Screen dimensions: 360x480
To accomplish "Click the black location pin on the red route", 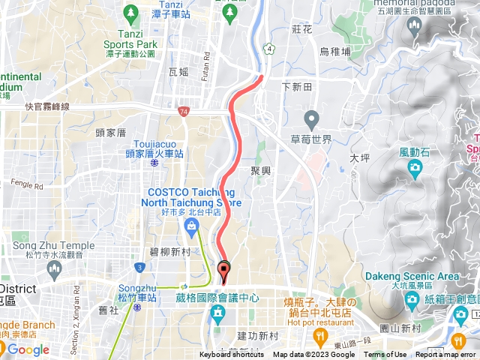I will (x=223, y=270).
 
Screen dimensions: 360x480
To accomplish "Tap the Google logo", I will (x=28, y=349).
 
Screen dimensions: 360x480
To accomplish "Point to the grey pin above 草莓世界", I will (x=311, y=118).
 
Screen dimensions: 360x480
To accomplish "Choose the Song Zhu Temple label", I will (x=53, y=245).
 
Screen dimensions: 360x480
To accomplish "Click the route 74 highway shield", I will (x=184, y=112).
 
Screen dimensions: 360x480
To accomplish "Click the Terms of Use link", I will (x=385, y=355).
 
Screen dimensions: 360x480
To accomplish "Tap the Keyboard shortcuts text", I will (x=232, y=355).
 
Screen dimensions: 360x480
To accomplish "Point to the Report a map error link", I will (x=445, y=355).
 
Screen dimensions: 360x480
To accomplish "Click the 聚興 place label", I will (x=260, y=171).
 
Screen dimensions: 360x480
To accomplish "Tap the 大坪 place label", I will (x=360, y=158).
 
